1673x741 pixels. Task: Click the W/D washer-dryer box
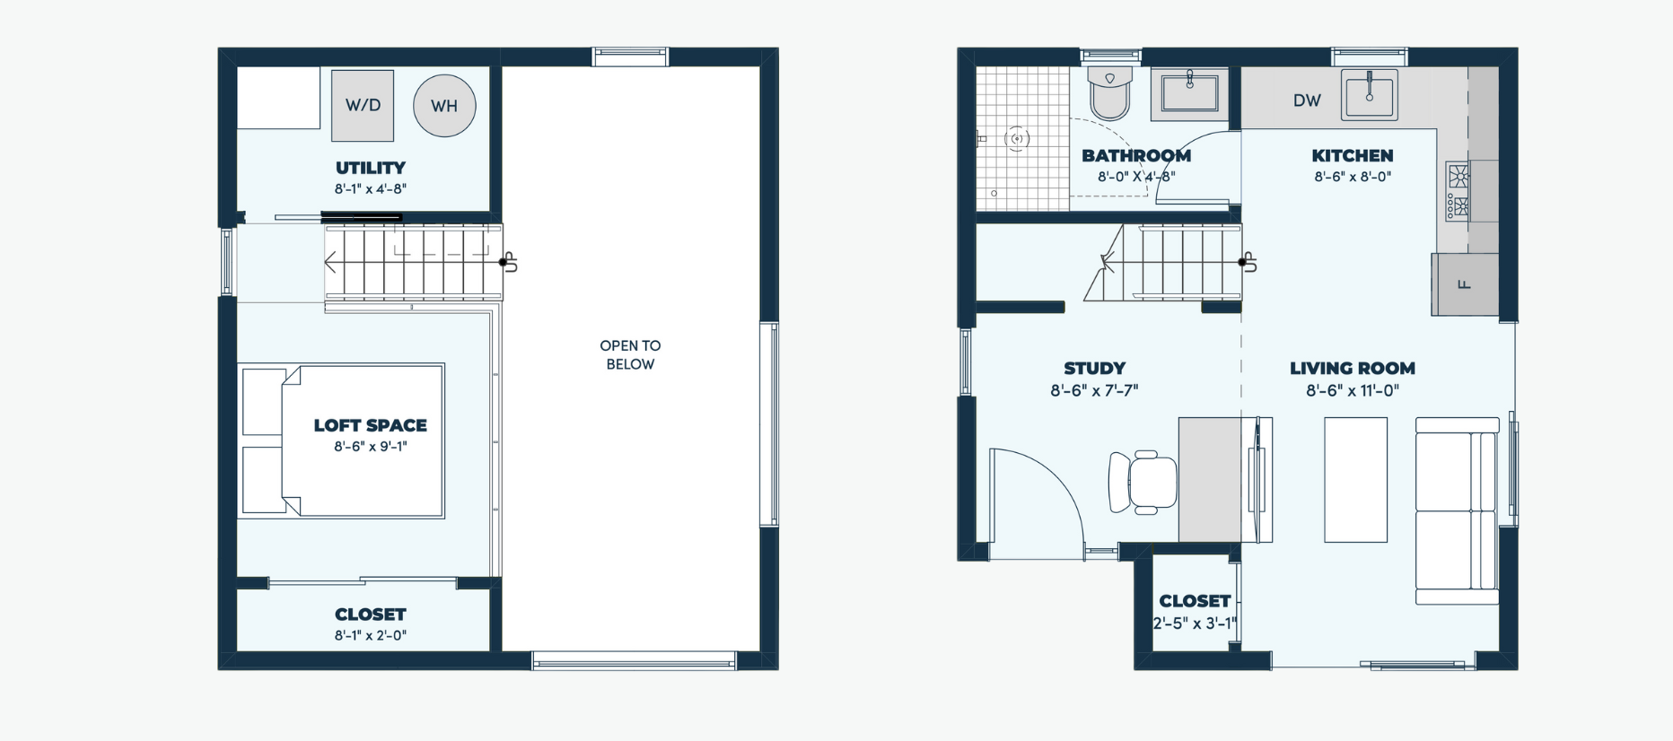(363, 106)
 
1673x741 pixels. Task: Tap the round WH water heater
(444, 106)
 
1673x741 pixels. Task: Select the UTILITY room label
(371, 168)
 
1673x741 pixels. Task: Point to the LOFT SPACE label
(371, 425)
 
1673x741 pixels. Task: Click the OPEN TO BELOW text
(630, 354)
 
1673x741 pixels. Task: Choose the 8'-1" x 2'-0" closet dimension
(371, 635)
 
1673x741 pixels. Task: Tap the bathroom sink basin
(1189, 92)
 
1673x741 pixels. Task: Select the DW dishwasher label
(1307, 100)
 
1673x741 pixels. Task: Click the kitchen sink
(1369, 94)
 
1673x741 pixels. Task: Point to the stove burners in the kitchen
(1458, 191)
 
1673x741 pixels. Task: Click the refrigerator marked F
(1465, 284)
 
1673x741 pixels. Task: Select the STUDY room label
(1094, 369)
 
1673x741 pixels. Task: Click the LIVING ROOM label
(1353, 369)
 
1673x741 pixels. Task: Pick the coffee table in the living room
(1356, 480)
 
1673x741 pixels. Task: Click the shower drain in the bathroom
(1017, 138)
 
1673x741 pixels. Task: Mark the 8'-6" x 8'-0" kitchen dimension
(1353, 177)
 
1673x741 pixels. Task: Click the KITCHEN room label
(1353, 156)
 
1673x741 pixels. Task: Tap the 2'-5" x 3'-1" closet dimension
(1195, 623)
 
